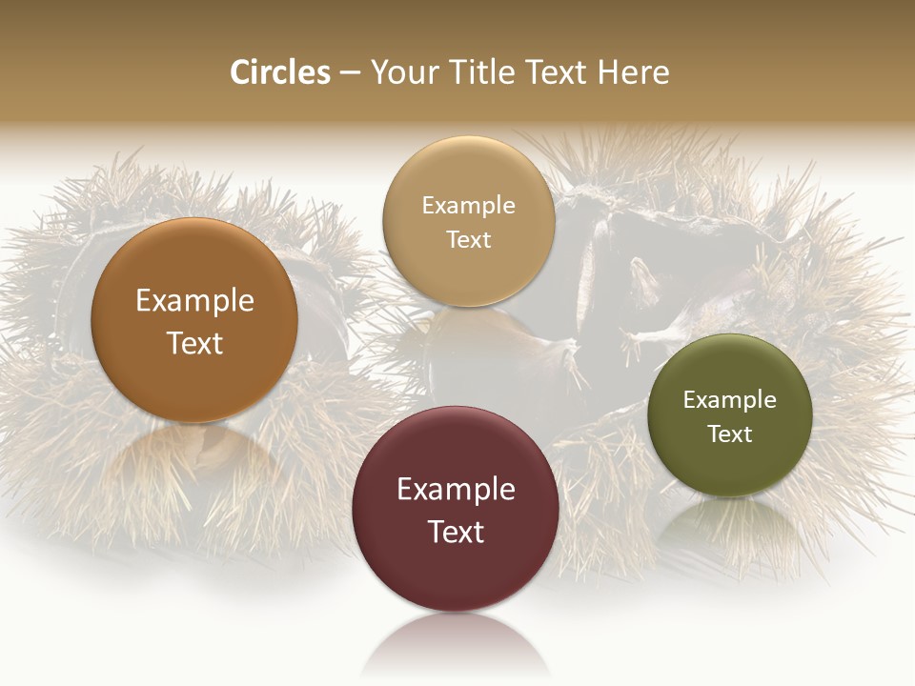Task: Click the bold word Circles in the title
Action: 279,72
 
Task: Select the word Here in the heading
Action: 633,72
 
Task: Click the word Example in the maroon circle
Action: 456,490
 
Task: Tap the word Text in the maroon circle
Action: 456,532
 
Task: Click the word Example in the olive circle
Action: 729,400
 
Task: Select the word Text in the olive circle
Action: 729,434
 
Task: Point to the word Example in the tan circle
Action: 468,206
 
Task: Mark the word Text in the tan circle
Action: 468,240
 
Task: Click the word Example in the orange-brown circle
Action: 194,301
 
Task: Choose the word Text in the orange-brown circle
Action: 194,343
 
